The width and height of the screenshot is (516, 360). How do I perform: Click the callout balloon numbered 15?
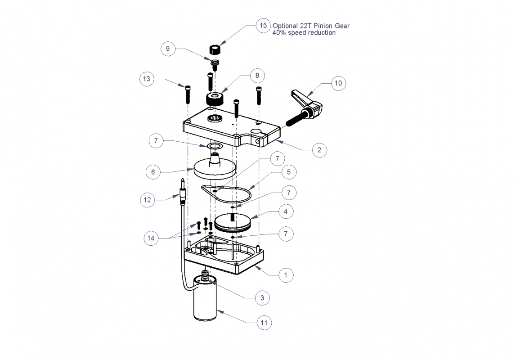(263, 25)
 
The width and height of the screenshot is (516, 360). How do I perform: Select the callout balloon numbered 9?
(168, 49)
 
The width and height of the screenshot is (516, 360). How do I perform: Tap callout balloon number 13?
(147, 79)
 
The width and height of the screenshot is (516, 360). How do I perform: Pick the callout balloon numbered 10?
(338, 83)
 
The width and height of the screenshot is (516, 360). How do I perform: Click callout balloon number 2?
(319, 150)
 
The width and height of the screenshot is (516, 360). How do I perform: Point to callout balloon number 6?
(153, 172)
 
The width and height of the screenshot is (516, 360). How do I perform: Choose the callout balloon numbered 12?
(148, 200)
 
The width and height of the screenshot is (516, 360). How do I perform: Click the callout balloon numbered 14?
(151, 238)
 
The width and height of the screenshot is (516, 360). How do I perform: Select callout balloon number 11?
(264, 323)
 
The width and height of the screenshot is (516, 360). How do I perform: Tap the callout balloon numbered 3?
(262, 298)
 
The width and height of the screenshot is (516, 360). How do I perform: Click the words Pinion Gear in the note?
(332, 26)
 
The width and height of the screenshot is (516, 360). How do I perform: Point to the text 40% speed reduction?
(304, 33)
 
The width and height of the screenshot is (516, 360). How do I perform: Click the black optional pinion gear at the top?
(215, 50)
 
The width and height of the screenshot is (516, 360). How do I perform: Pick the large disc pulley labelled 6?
(215, 166)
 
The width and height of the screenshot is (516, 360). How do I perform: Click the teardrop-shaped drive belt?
(226, 193)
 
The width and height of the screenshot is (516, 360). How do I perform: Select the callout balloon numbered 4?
(286, 211)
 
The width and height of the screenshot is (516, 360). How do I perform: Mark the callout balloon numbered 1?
(286, 275)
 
